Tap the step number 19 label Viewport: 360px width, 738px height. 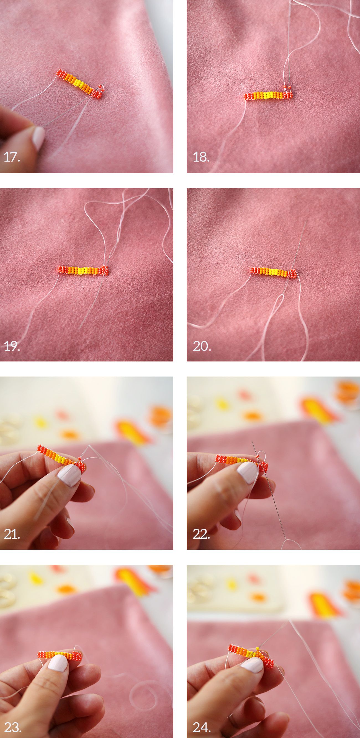click(x=12, y=346)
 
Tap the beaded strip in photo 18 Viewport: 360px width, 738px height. click(x=268, y=95)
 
